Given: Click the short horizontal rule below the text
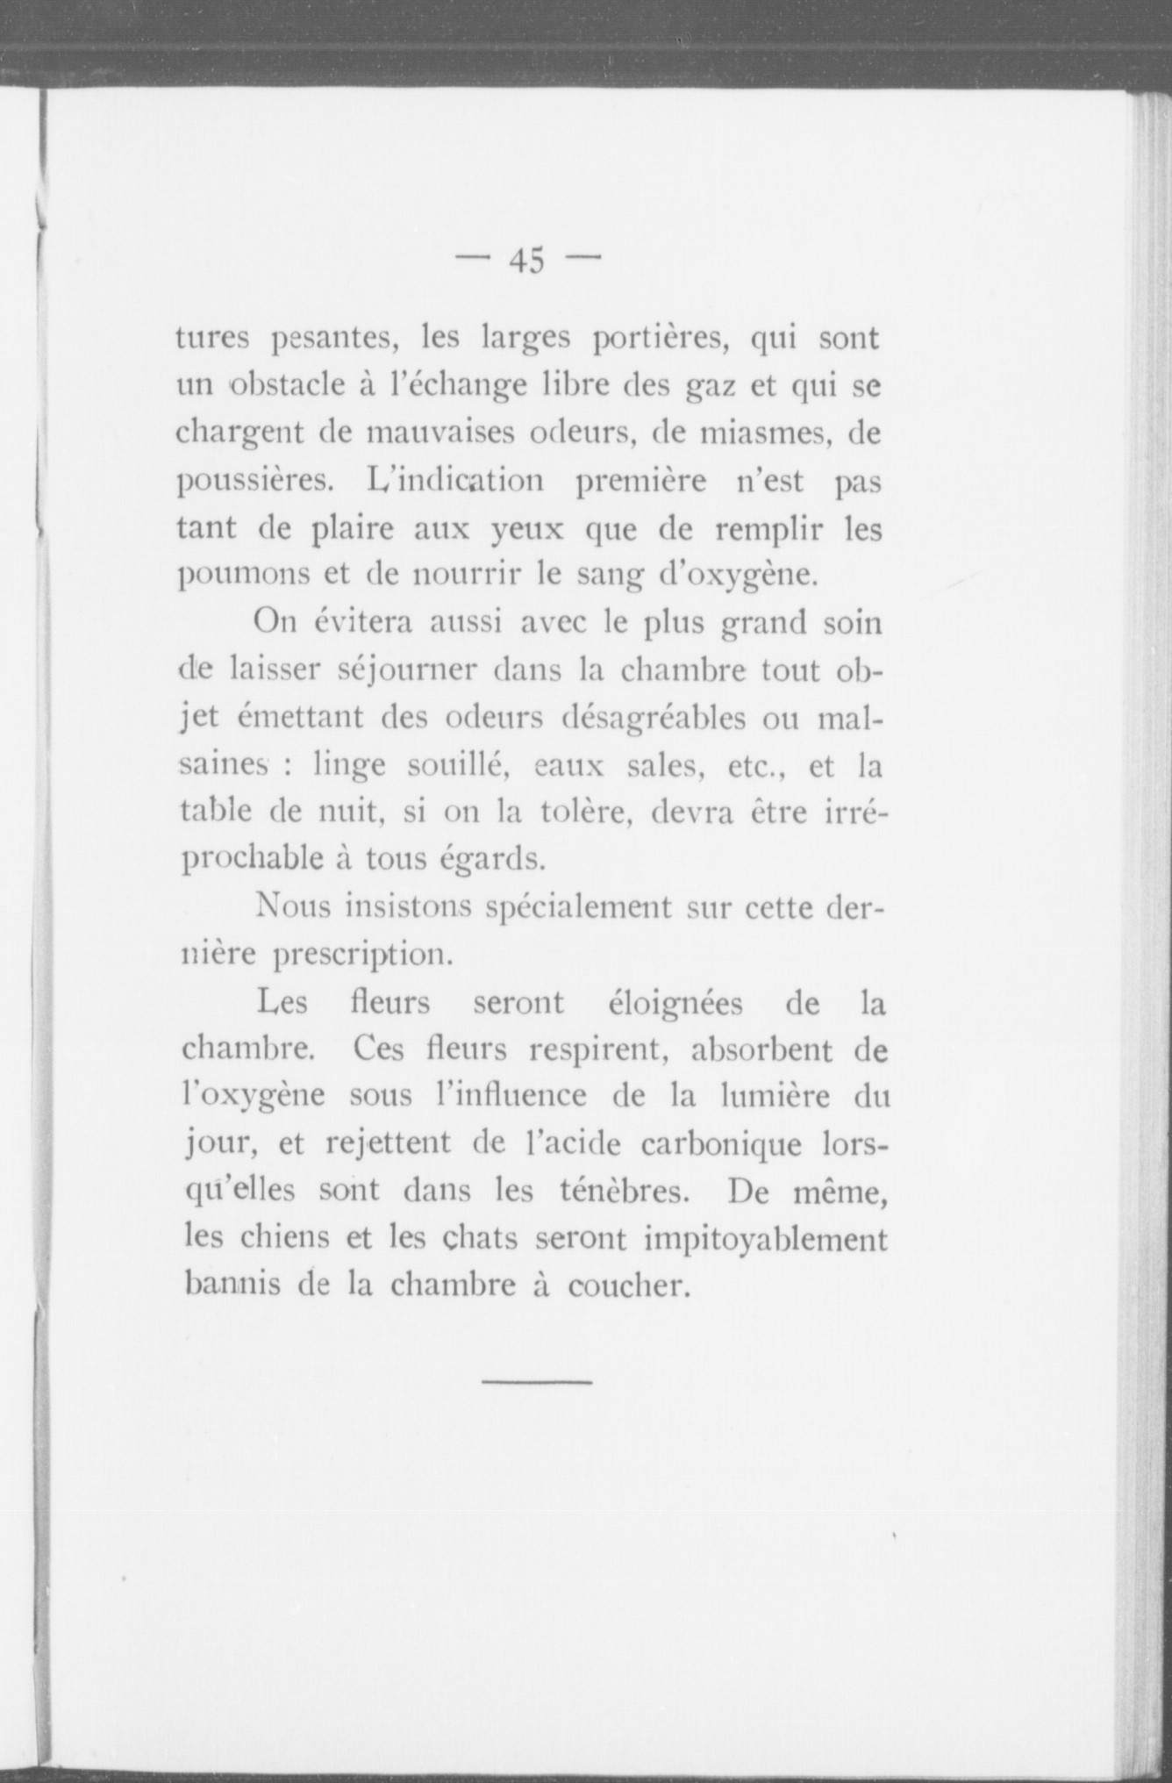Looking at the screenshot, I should tap(537, 1383).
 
